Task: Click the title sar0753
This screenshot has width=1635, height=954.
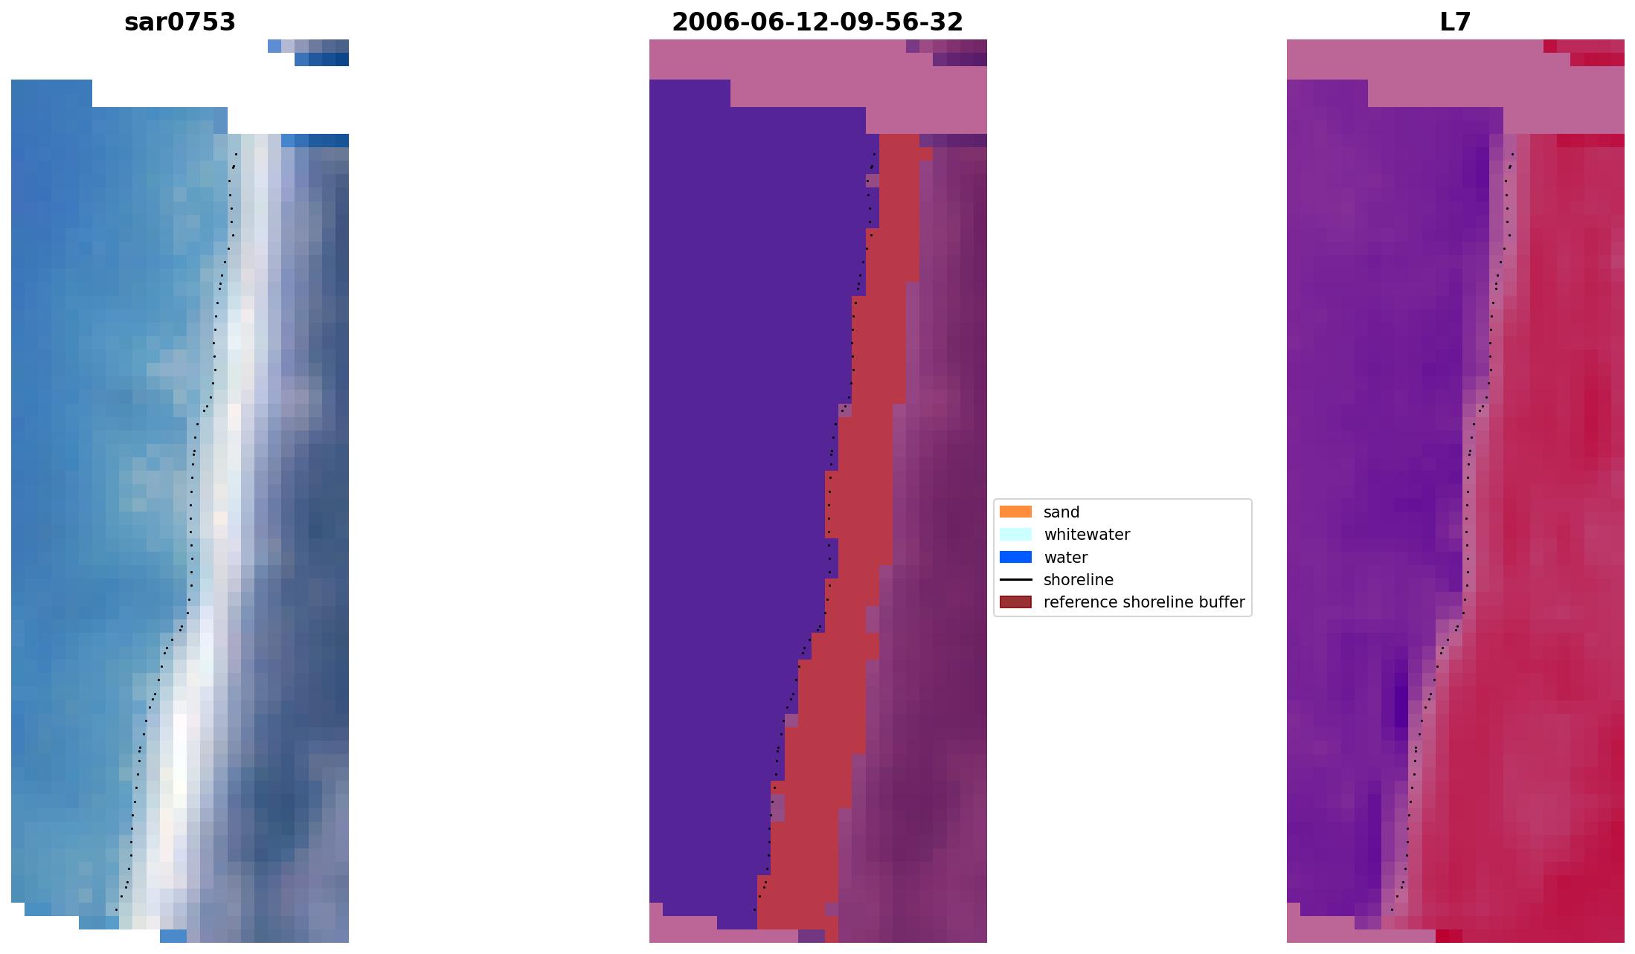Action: click(x=180, y=22)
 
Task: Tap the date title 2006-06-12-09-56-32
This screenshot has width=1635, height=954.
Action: click(x=817, y=22)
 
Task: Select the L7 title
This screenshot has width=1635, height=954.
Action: click(x=1455, y=22)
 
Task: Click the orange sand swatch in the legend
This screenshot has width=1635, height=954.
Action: click(x=1015, y=512)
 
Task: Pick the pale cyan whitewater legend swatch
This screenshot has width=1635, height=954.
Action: click(x=1015, y=534)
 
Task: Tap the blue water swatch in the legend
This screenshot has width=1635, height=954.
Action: click(x=1015, y=557)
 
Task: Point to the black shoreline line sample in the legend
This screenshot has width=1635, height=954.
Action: click(x=1015, y=579)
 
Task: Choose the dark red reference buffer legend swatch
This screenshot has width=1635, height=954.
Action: click(x=1015, y=602)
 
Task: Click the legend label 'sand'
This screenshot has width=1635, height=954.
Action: click(x=1061, y=512)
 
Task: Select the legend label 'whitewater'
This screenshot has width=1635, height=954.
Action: click(x=1086, y=534)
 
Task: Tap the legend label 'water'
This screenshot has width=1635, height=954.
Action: click(x=1065, y=557)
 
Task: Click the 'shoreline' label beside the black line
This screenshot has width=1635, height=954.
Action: click(x=1078, y=579)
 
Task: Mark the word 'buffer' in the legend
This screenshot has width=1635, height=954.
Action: click(x=1220, y=602)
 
